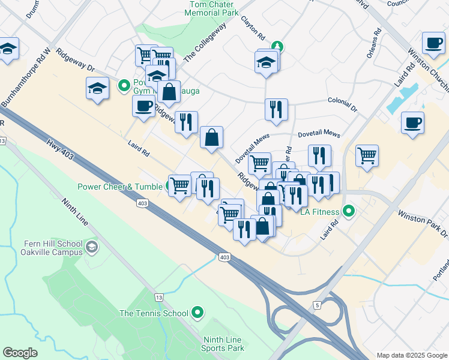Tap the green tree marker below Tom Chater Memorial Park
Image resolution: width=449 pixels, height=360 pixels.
(x=277, y=46)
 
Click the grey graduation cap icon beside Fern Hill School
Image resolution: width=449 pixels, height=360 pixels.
(x=91, y=246)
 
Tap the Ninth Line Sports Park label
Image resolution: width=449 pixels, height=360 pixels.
(x=223, y=344)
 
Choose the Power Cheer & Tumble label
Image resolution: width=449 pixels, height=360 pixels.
(x=120, y=186)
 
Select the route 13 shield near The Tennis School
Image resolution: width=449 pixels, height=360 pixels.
(x=158, y=298)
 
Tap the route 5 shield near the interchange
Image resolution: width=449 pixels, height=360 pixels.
(x=316, y=305)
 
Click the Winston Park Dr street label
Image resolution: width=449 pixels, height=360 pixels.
(x=423, y=223)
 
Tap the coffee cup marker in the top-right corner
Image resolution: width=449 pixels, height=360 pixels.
(x=433, y=43)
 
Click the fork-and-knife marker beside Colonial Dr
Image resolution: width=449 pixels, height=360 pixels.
(x=276, y=110)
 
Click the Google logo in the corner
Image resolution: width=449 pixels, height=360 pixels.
(x=20, y=353)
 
